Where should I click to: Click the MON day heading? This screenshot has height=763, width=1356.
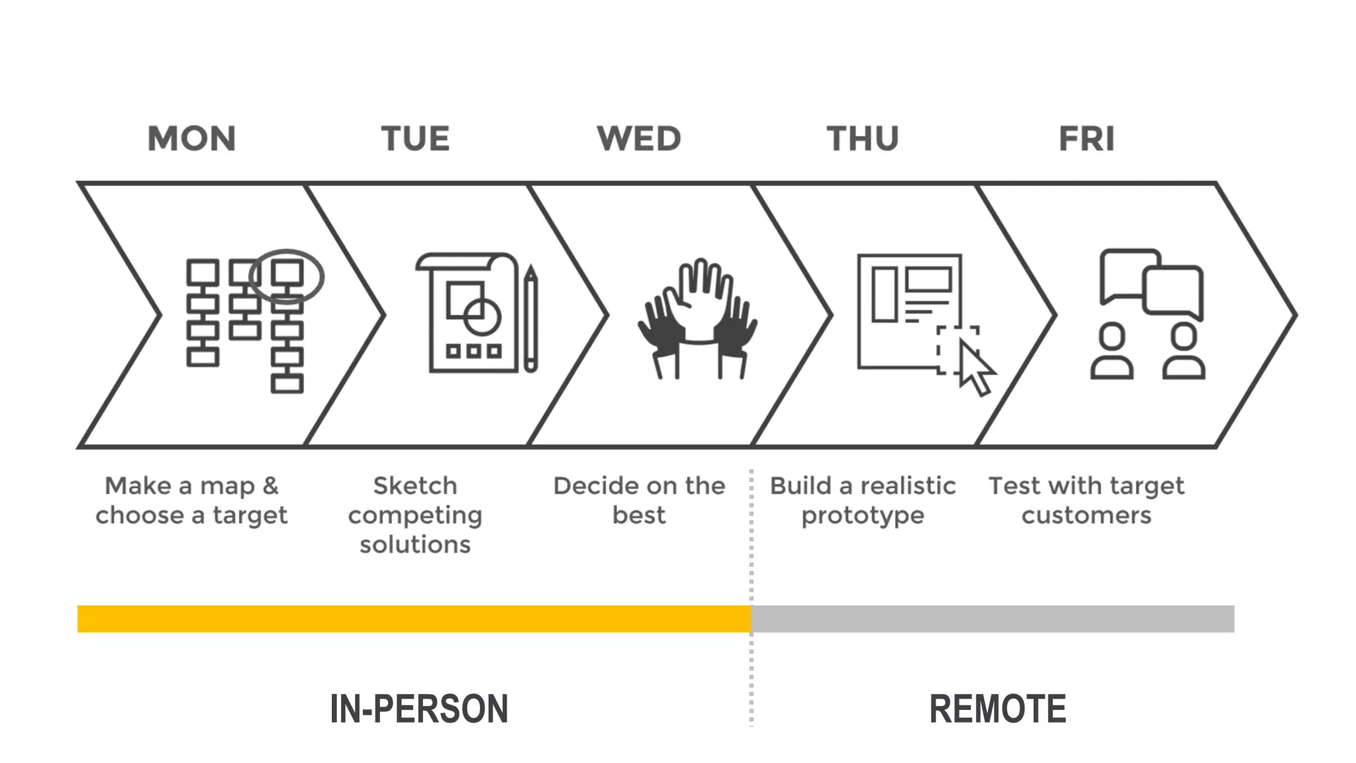pos(191,139)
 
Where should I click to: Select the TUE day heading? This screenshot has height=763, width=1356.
pos(415,139)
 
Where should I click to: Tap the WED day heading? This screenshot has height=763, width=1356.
pos(638,139)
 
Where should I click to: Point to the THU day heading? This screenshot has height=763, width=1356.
pos(863,139)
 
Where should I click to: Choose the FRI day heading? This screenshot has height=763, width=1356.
pos(1087,139)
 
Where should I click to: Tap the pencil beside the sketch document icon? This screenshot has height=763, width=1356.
pos(530,318)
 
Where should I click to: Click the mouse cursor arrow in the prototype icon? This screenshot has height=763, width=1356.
pos(975,368)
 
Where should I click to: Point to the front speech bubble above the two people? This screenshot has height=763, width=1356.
pos(1173,290)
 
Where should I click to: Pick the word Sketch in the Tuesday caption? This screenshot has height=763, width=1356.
pos(415,485)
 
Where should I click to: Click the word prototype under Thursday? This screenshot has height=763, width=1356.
pos(863,515)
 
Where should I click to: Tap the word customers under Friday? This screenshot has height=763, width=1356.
pos(1087,515)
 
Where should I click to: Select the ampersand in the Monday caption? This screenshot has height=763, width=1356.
pos(270,485)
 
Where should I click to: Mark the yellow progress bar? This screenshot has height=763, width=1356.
pos(414,619)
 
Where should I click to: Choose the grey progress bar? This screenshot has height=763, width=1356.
pos(993,619)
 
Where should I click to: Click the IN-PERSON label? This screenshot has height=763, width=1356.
pos(419,709)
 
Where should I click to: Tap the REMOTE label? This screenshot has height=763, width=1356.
pos(998,709)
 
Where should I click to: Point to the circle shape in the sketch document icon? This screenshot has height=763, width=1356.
pos(481,316)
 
